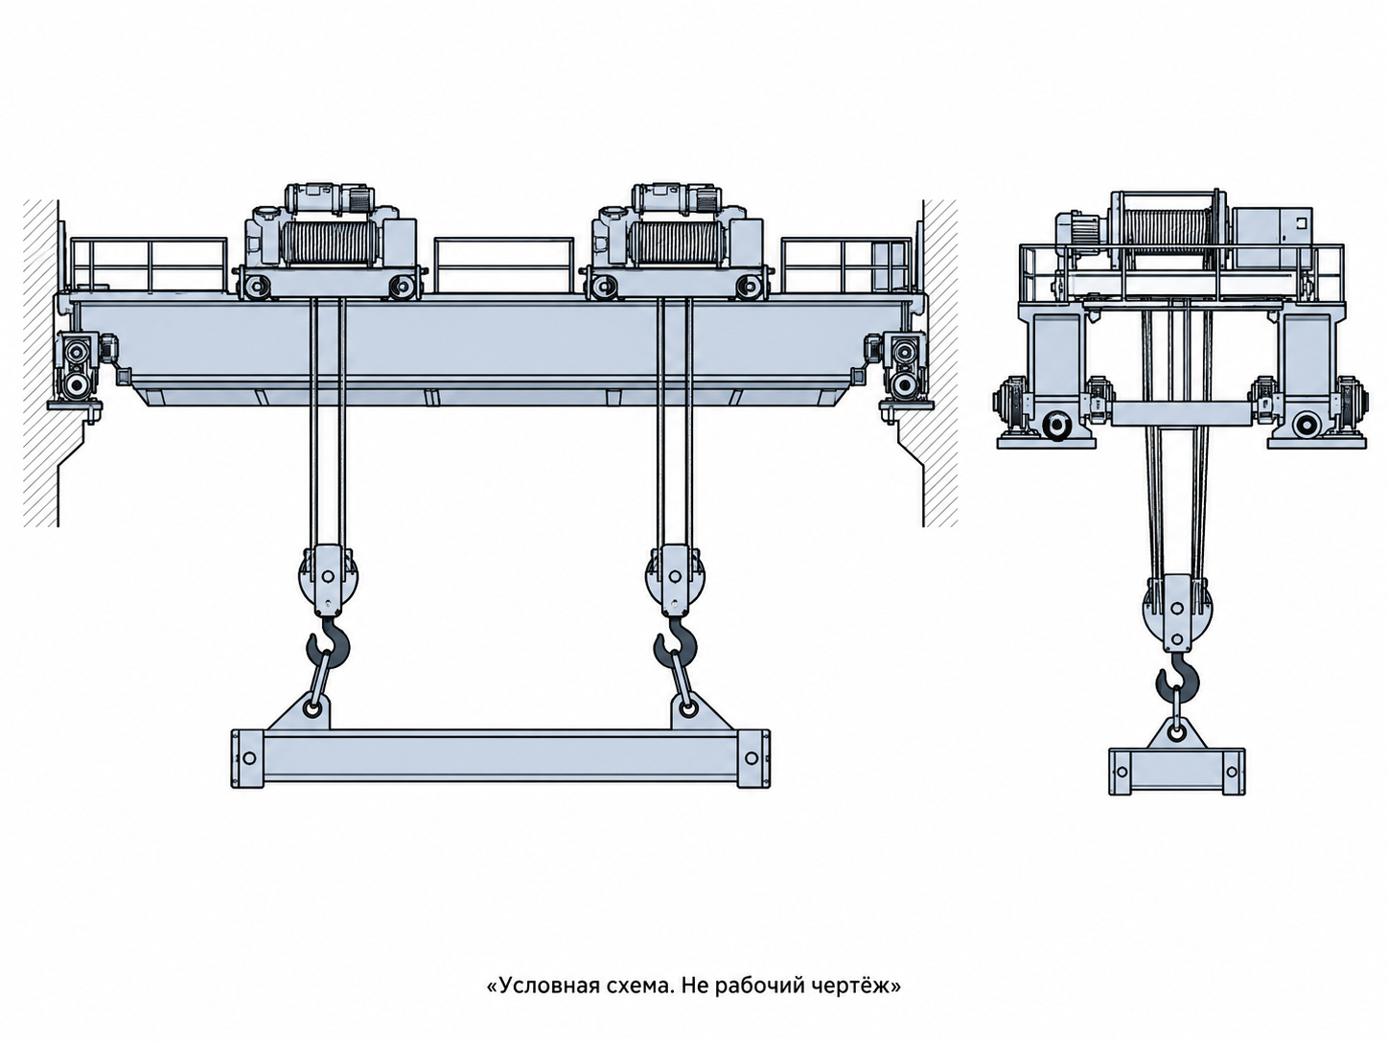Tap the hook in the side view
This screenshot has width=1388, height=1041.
click(1177, 679)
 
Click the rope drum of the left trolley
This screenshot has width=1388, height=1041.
click(329, 243)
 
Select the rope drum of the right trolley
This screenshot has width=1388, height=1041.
click(677, 243)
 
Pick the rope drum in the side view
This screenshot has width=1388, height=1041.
click(1168, 225)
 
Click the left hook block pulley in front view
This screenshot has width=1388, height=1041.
click(328, 577)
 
